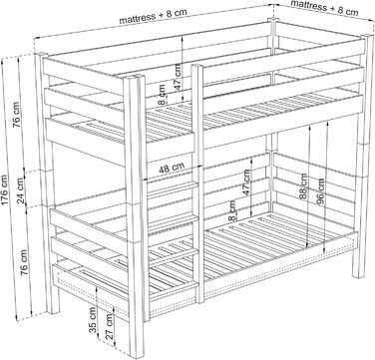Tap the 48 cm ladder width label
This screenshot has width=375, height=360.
point(172,169)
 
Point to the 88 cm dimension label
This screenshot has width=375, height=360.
point(303,186)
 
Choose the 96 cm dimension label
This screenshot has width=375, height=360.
point(320,191)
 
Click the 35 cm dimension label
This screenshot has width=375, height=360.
point(93,320)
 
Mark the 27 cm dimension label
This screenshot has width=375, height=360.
point(110,326)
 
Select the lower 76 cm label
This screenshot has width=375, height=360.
point(25,262)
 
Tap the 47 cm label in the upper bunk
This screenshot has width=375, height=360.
point(178,77)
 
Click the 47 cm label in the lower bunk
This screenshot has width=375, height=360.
point(246,182)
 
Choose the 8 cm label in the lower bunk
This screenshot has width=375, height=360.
point(232,210)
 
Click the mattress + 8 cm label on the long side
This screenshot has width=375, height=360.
point(153,16)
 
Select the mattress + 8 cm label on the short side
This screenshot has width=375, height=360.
point(324,8)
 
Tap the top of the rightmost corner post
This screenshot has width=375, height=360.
point(368,36)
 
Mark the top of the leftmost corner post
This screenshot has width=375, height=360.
point(41,54)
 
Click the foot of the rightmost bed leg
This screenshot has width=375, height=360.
point(357,275)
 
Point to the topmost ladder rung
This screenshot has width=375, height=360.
point(172,187)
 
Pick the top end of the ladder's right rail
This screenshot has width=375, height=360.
point(196,66)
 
